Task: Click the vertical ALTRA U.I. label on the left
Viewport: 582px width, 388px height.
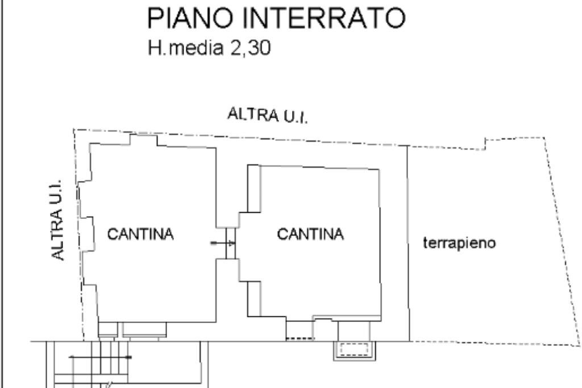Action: [x=58, y=221]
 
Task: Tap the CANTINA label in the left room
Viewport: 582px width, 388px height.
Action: [x=140, y=234]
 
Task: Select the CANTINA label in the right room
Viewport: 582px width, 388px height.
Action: [x=310, y=234]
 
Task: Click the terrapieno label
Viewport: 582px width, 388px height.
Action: [x=460, y=243]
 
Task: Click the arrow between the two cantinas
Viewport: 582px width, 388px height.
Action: [x=222, y=243]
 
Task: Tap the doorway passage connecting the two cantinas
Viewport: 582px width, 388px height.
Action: [x=230, y=243]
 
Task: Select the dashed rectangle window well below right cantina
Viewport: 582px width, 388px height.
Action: [x=354, y=349]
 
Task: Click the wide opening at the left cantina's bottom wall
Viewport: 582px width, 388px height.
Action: [x=144, y=329]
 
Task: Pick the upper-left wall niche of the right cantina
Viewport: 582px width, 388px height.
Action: [x=254, y=188]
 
